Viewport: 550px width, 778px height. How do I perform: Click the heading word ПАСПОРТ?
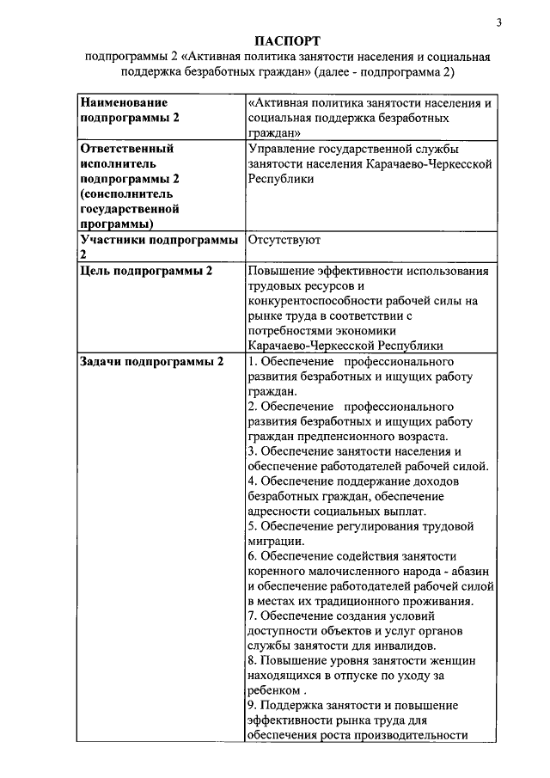pos(288,40)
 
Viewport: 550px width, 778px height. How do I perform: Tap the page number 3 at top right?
pos(498,21)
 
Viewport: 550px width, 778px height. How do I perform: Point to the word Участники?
pos(112,241)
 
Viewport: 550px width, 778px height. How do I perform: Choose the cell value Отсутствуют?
pos(284,241)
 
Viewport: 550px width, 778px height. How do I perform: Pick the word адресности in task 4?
pos(279,512)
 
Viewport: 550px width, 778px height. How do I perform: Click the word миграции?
pos(274,542)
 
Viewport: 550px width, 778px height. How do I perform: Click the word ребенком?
pos(272,690)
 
